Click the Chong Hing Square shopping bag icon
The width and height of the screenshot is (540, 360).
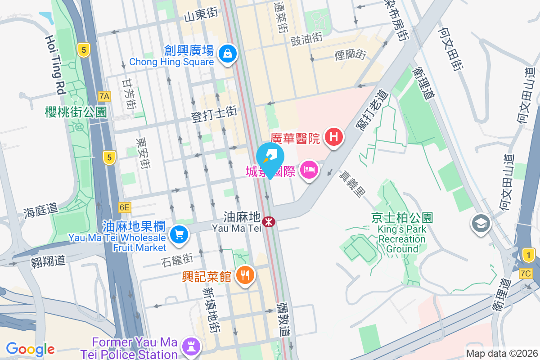[x=228, y=54]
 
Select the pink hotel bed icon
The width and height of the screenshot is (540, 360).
[x=309, y=171]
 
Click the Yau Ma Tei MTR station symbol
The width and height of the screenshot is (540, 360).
[x=269, y=221]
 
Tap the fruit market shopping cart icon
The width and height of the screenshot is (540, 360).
[x=179, y=234]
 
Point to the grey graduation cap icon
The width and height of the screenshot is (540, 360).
[x=481, y=223]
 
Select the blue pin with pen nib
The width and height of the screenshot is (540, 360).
[x=270, y=156]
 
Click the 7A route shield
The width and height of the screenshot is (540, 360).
[x=104, y=96]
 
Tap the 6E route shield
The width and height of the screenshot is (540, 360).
[x=124, y=207]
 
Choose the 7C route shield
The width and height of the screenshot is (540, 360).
[x=525, y=274]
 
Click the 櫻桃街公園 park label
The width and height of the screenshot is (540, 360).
[x=76, y=112]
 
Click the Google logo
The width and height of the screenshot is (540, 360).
[x=30, y=349]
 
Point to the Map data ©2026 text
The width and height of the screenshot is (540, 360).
[x=501, y=353]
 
